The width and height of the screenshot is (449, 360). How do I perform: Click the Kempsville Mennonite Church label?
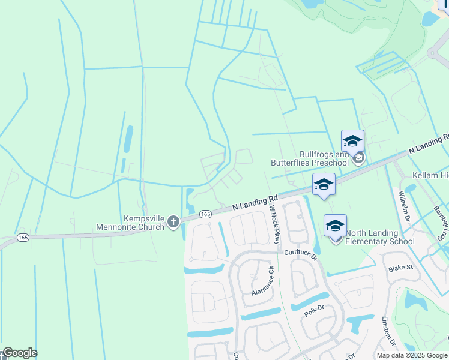tap(131, 223)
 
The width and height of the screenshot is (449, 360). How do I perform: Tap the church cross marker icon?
tap(173, 223)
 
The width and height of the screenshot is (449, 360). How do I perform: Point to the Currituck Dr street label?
tap(300, 254)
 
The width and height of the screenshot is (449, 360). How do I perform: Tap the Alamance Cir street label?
tap(267, 283)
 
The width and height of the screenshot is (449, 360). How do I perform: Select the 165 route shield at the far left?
tap(23, 238)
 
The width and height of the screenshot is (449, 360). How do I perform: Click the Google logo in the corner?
tap(20, 353)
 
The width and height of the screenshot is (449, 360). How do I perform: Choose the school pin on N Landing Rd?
tap(324, 185)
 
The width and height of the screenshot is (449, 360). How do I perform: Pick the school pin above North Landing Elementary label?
tap(335, 226)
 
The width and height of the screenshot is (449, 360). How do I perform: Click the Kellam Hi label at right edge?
tap(430, 175)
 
